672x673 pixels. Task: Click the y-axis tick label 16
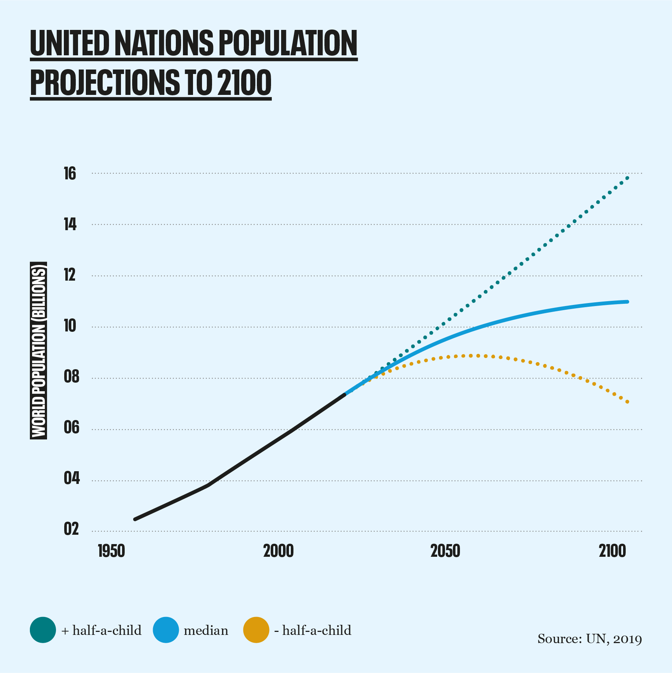coord(70,174)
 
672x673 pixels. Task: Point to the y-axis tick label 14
coord(70,225)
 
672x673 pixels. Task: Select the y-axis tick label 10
coord(70,326)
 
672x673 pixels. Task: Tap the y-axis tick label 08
coord(71,377)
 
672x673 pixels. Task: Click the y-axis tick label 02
coord(71,530)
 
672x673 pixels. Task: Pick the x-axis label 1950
coord(111,551)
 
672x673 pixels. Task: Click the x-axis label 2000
coord(279,551)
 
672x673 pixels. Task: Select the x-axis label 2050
coord(445,551)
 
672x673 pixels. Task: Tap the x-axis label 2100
coord(612,551)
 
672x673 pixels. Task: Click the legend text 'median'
coord(206,630)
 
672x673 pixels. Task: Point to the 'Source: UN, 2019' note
coord(589,639)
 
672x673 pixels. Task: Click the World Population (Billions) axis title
coord(38,350)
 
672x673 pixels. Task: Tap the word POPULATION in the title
coord(287,44)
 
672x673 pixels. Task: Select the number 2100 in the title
coord(244,83)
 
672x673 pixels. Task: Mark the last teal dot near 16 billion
coord(628,178)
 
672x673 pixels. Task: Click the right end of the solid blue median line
coord(627,302)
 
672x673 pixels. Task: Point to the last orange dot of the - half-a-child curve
coord(628,402)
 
